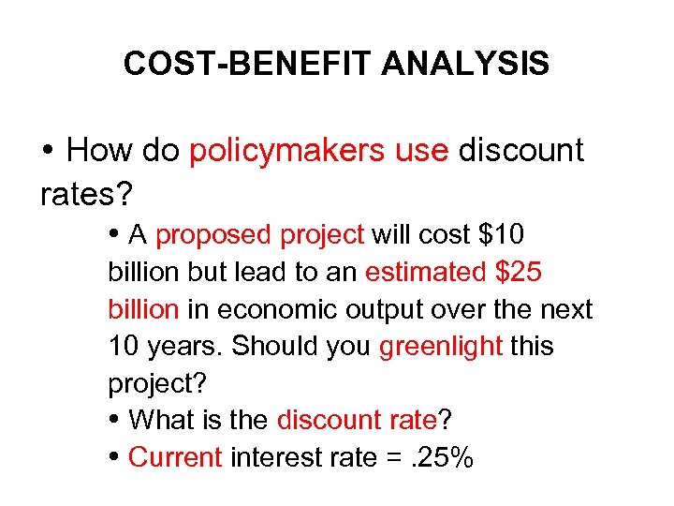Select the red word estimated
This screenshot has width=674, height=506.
425,272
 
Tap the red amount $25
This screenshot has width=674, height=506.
518,272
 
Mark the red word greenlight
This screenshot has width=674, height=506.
441,346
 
